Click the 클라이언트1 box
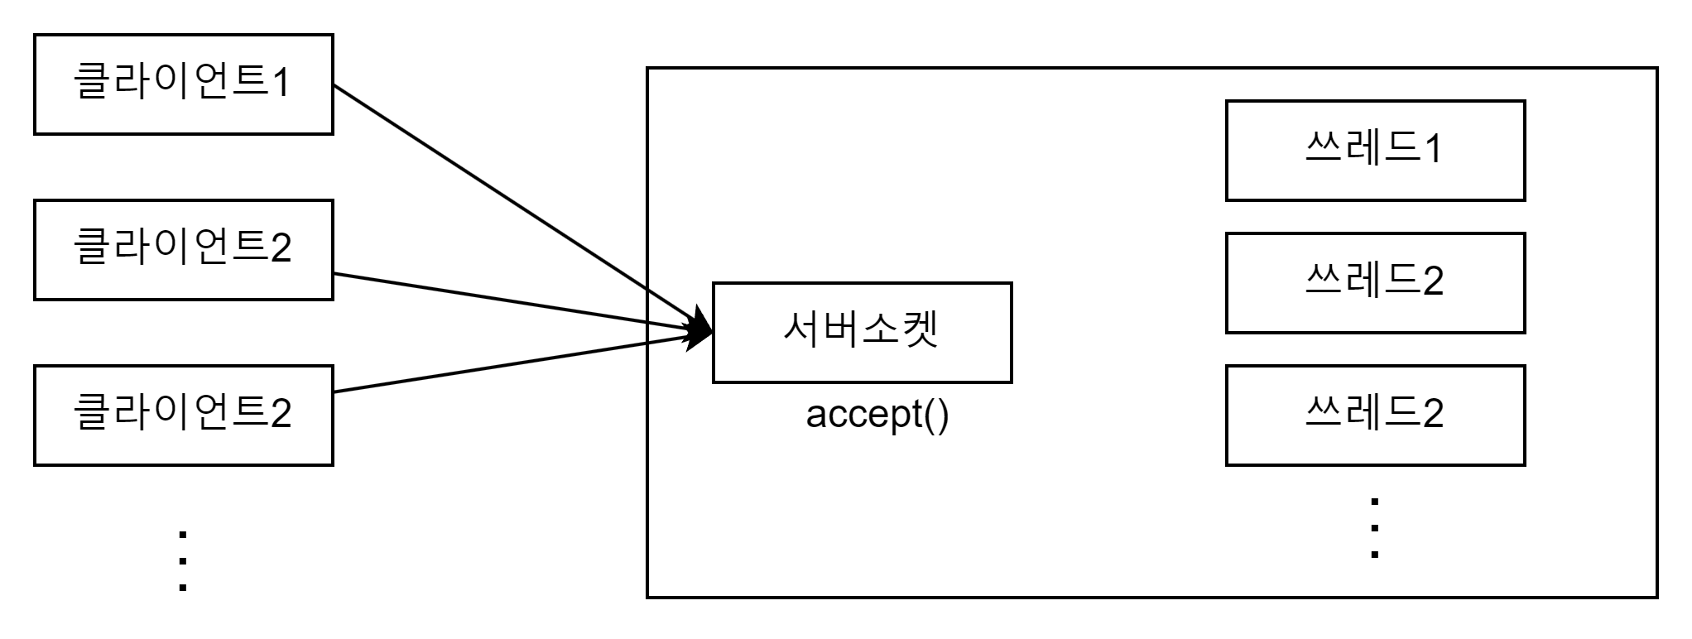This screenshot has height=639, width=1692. pyautogui.click(x=183, y=84)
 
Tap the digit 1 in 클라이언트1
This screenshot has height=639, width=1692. pyautogui.click(x=281, y=84)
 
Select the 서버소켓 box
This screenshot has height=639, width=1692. pyautogui.click(x=862, y=332)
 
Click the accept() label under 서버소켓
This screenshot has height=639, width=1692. pyautogui.click(x=877, y=414)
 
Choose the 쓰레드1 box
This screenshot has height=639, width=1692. pyautogui.click(x=1375, y=150)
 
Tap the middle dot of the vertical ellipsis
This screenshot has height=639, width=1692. pyautogui.click(x=1375, y=527)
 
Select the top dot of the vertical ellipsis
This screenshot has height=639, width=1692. pyautogui.click(x=1375, y=501)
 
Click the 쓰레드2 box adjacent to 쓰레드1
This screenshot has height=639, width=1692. pyautogui.click(x=1375, y=282)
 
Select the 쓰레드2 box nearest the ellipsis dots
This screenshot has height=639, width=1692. pyautogui.click(x=1375, y=415)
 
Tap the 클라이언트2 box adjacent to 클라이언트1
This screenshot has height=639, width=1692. pyautogui.click(x=183, y=249)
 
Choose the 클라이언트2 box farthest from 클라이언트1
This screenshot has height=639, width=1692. pyautogui.click(x=183, y=415)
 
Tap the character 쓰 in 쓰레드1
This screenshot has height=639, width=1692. pyautogui.click(x=1323, y=148)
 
